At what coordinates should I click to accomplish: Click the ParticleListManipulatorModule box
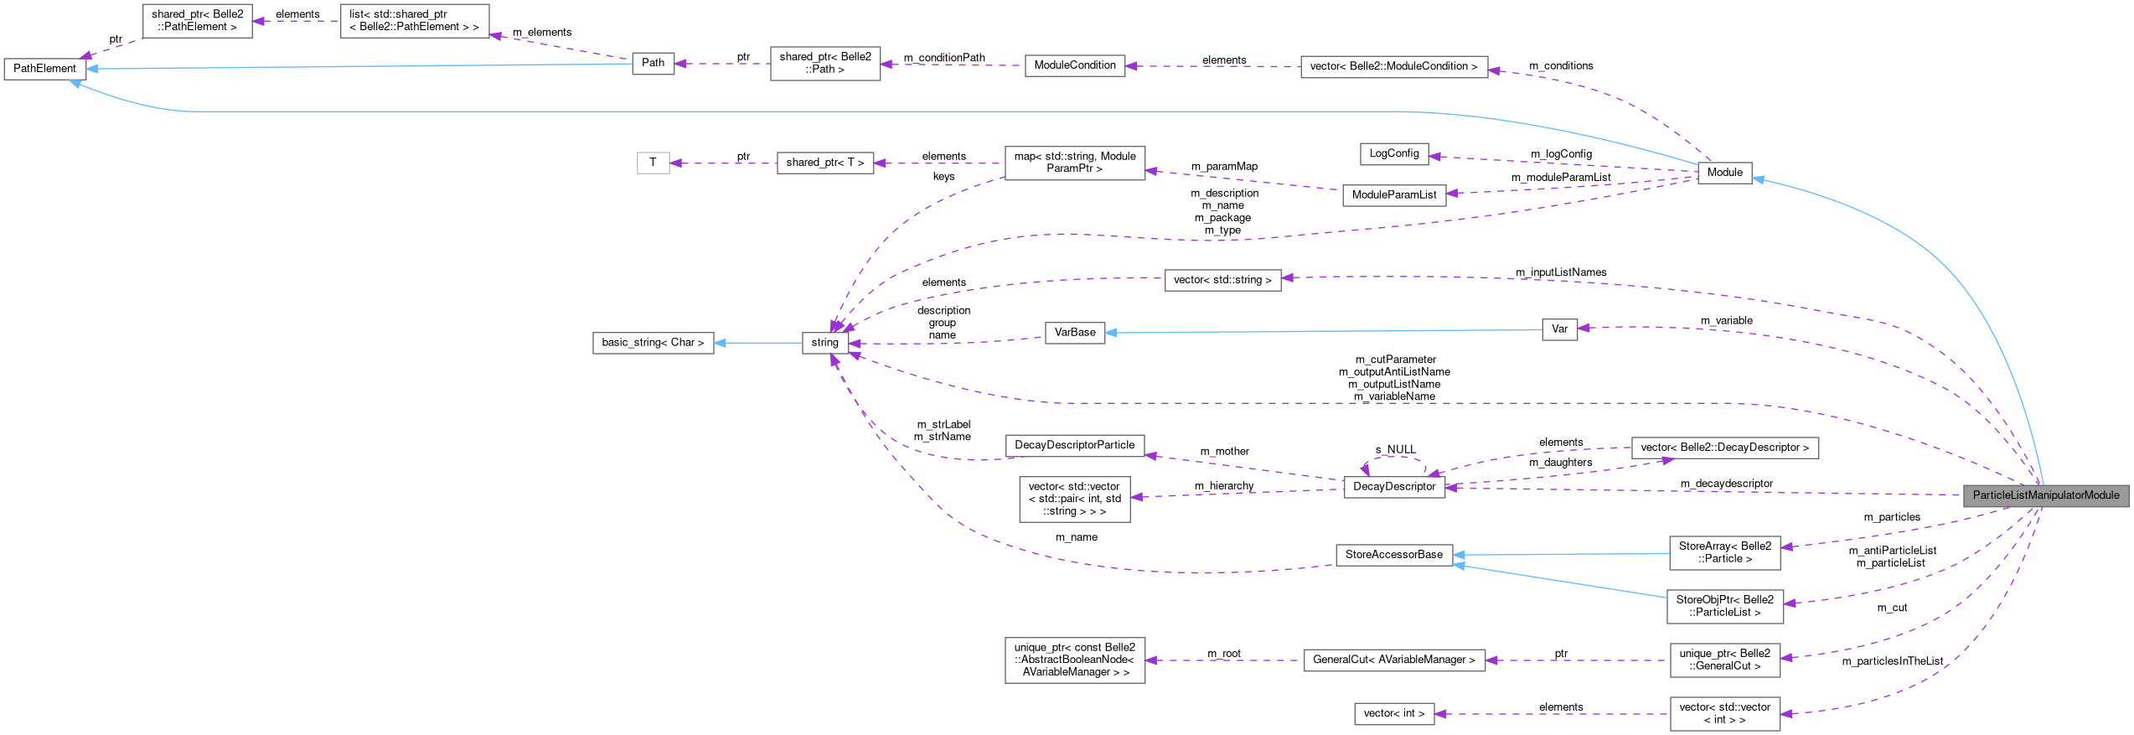[x=2045, y=495]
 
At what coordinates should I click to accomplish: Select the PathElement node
[x=44, y=69]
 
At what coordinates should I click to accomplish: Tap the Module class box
[x=1724, y=173]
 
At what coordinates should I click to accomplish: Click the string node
[x=824, y=343]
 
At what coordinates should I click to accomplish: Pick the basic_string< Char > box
[x=653, y=343]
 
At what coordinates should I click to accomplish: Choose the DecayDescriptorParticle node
[x=1074, y=445]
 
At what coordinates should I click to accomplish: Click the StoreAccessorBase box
[x=1393, y=555]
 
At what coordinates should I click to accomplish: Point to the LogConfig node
[x=1393, y=153]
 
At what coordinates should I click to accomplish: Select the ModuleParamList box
[x=1393, y=195]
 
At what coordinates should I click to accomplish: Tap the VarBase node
[x=1074, y=333]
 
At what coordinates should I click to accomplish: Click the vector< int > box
[x=1393, y=714]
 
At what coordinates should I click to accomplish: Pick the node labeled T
[x=653, y=163]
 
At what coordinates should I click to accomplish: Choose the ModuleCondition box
[x=1074, y=65]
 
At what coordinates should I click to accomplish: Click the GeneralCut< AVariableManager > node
[x=1393, y=660]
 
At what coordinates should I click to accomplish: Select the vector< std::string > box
[x=1222, y=280]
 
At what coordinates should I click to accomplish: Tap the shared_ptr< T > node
[x=824, y=163]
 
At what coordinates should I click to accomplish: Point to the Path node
[x=653, y=63]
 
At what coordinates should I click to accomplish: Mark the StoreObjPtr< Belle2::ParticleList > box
[x=1724, y=606]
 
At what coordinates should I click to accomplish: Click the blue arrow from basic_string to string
[x=758, y=343]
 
